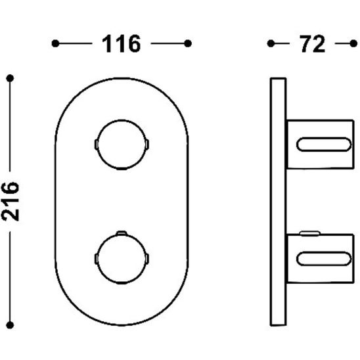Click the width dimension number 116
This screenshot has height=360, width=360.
122,44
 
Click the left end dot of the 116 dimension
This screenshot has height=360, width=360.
56,44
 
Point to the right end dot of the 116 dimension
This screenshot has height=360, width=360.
189,44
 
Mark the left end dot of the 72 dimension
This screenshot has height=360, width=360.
271,44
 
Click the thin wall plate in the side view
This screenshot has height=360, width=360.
278,204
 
